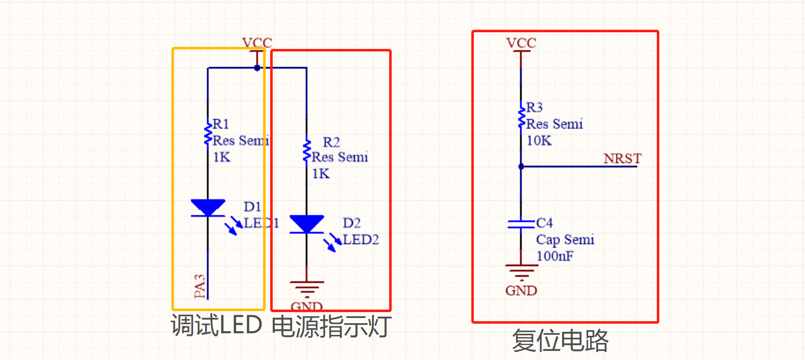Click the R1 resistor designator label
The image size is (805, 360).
click(x=221, y=124)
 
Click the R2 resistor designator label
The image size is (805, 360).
click(x=331, y=142)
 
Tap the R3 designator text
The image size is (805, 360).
click(x=534, y=107)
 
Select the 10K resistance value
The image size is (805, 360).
click(x=539, y=141)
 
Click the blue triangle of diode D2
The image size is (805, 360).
click(x=306, y=223)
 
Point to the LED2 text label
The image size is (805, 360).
click(x=360, y=239)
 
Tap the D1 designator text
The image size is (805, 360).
click(x=252, y=207)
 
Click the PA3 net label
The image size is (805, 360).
click(x=200, y=286)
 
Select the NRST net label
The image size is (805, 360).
click(x=622, y=158)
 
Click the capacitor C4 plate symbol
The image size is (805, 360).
click(x=521, y=224)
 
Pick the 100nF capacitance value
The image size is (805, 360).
click(x=554, y=256)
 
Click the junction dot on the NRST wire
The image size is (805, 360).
click(x=521, y=166)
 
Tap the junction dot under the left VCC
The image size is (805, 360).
click(x=257, y=68)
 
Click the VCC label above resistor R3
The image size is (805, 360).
click(x=521, y=43)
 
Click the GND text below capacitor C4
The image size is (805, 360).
click(x=521, y=291)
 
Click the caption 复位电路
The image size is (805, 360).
click(x=560, y=340)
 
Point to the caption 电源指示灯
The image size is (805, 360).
click(x=331, y=326)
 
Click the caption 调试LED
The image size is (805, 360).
click(x=217, y=325)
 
